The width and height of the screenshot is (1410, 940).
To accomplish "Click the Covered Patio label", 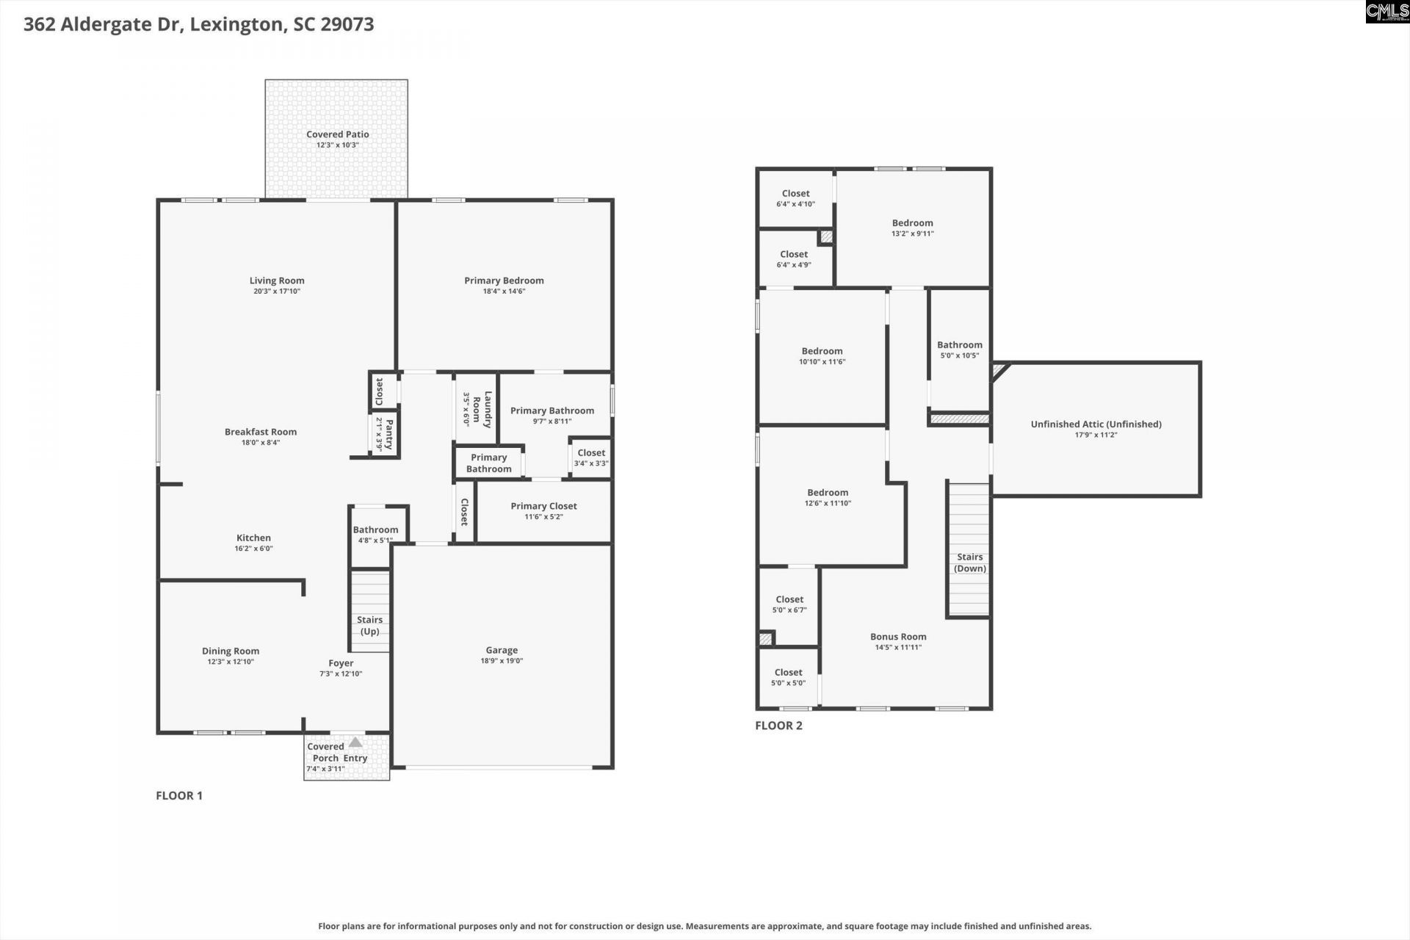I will click(337, 134).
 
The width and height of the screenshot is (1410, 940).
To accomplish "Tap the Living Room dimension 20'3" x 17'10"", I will click(277, 292).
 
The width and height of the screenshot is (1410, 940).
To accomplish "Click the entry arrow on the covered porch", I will click(355, 742).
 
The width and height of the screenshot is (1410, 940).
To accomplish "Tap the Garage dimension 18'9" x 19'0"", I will click(502, 661).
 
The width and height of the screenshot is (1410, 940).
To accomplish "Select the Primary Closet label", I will click(543, 506).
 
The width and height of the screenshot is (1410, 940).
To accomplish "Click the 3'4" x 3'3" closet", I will click(590, 458).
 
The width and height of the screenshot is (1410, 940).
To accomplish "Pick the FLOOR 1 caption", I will click(178, 795).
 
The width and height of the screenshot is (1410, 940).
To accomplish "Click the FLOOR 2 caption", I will click(778, 726).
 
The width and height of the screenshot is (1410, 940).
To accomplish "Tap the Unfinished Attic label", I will click(1096, 424).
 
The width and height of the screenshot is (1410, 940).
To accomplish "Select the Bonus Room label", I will click(898, 637).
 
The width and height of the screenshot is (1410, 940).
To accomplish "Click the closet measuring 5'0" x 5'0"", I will click(788, 677).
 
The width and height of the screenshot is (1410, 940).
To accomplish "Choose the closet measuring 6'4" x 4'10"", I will click(795, 198).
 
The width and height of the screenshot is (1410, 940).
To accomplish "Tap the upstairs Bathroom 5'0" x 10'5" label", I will click(959, 345).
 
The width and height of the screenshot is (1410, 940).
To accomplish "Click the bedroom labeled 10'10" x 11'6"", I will click(822, 356).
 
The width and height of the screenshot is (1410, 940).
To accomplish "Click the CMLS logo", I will click(1386, 11).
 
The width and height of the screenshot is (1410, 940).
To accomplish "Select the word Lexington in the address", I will click(236, 24).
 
